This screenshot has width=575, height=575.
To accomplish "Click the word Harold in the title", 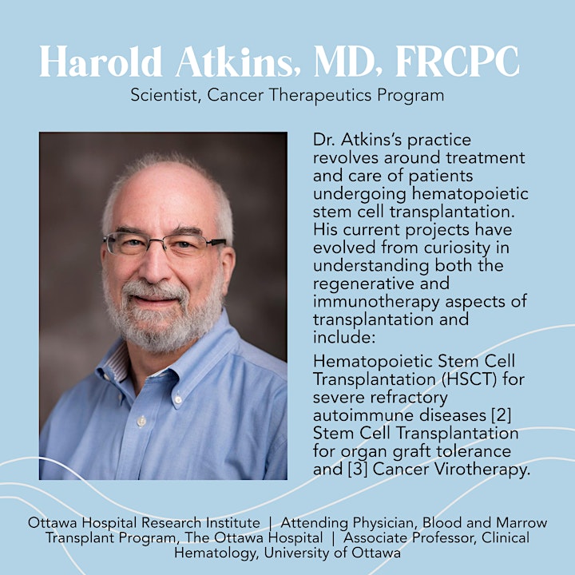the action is tap(101, 61).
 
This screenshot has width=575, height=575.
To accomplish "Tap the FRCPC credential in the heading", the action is tap(458, 61).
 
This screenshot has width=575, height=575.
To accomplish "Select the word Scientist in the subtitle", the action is tap(165, 95).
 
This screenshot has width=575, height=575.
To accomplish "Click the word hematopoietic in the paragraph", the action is tap(470, 194).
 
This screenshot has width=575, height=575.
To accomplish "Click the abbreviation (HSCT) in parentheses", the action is tap(469, 379).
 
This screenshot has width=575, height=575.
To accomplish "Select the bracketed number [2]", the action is tap(501, 414).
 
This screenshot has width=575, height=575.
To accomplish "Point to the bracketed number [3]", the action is tap(358, 470).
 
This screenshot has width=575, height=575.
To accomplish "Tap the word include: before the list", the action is tap(344, 337).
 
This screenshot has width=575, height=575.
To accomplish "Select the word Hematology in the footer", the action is tap(216, 553).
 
